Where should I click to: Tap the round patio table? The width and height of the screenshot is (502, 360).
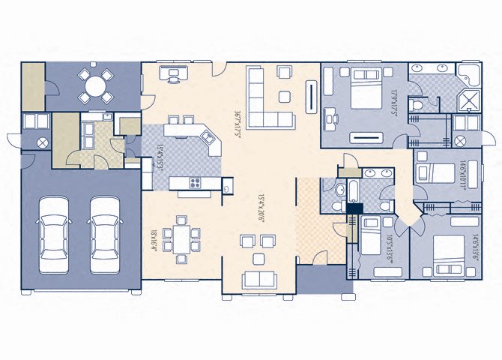pos(95,85)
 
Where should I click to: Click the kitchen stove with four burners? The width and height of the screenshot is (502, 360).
pos(196,183)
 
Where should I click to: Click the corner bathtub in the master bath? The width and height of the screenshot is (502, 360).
pos(469,76)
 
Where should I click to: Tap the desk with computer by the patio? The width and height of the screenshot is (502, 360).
pos(174,74)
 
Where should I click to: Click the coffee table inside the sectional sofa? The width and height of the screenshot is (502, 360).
pos(285,96)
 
